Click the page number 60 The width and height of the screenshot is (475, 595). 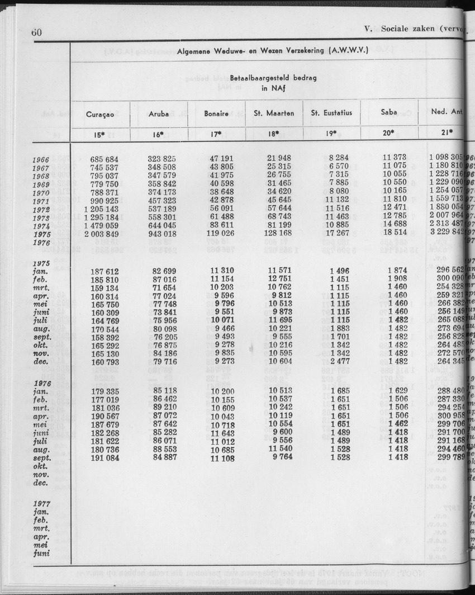click(x=36, y=32)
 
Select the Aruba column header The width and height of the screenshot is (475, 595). click(x=159, y=114)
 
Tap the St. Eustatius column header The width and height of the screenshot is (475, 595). click(x=331, y=113)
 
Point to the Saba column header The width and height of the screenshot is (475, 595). click(x=389, y=112)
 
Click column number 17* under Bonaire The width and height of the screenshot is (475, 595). click(x=216, y=134)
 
